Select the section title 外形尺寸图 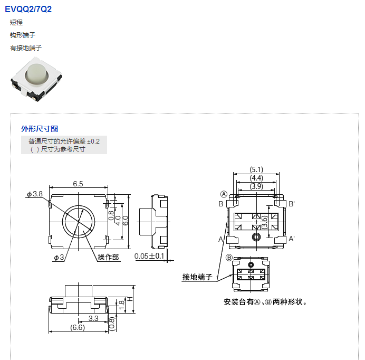[x=40, y=128]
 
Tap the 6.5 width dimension [x=78, y=184]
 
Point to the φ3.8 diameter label [x=35, y=194]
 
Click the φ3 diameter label [x=59, y=257]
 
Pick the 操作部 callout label [x=109, y=257]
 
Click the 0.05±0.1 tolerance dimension [x=149, y=257]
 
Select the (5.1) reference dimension [x=256, y=169]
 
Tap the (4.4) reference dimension [x=256, y=178]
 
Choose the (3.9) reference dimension [x=256, y=186]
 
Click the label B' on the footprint [x=292, y=204]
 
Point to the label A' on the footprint [x=292, y=239]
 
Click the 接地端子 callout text [x=197, y=277]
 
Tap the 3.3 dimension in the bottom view [x=93, y=318]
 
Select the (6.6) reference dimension [x=78, y=328]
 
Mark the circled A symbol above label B [x=224, y=194]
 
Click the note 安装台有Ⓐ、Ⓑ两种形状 [x=265, y=302]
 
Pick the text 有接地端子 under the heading [x=26, y=48]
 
